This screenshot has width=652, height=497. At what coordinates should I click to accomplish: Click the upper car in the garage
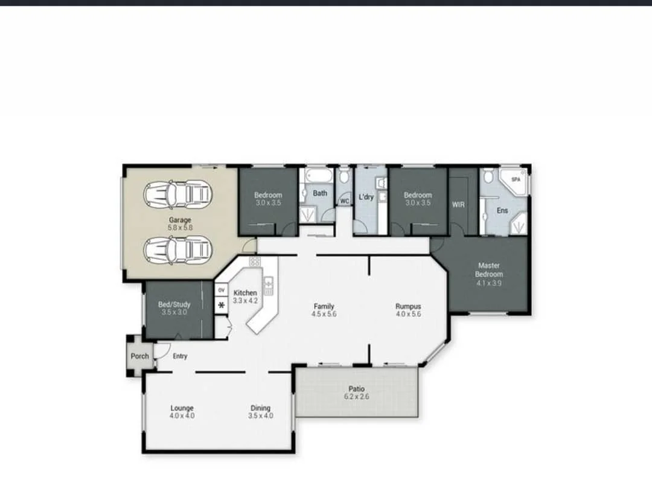tap(178, 194)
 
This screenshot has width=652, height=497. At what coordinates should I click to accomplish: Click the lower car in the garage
tap(178, 249)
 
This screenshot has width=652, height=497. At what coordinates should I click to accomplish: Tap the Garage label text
tap(180, 220)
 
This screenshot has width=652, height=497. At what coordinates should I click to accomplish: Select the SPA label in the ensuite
tap(516, 179)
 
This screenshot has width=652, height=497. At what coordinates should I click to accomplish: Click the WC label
tap(345, 200)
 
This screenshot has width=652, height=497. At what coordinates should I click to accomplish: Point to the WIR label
tap(458, 205)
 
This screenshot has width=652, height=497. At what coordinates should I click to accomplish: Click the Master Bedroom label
tap(488, 269)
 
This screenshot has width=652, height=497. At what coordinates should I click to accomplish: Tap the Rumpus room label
tap(408, 306)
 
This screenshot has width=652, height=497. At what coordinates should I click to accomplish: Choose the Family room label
tap(324, 306)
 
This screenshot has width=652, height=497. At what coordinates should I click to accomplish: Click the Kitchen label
tap(245, 293)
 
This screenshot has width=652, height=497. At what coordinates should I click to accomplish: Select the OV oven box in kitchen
tap(221, 290)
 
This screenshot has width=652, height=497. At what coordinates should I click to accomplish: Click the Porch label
tap(139, 356)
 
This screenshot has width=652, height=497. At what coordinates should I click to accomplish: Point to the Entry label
tap(180, 356)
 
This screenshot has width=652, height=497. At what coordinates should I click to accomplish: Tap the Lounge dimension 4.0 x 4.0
tap(182, 416)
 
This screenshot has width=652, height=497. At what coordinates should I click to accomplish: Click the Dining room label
tap(261, 408)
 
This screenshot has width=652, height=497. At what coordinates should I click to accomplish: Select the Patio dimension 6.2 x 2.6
tap(356, 397)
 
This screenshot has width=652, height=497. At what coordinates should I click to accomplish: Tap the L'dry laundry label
tap(366, 196)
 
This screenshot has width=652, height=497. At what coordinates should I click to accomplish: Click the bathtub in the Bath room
tap(318, 176)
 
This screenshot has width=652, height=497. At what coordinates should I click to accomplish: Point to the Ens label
tap(502, 211)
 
